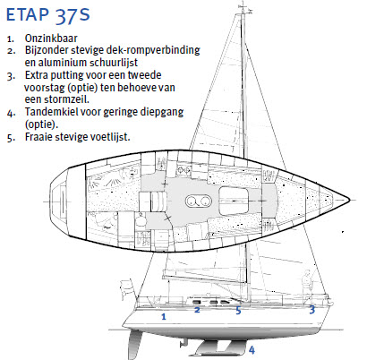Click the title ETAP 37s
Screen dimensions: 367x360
point(48,15)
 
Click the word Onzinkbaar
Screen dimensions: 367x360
point(51,39)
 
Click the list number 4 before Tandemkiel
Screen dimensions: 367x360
point(12,113)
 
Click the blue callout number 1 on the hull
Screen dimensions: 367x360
point(164,316)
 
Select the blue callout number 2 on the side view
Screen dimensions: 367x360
point(197,310)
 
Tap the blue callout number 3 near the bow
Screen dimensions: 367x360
point(312,310)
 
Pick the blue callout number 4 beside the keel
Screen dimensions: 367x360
point(252,350)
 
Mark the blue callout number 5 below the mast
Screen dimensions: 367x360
point(238,311)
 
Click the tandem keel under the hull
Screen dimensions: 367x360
point(218,348)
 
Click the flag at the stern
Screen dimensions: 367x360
point(126,287)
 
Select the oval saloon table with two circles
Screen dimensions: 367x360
point(198,201)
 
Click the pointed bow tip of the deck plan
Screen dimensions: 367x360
point(349,200)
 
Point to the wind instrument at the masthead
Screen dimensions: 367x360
point(245,10)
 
